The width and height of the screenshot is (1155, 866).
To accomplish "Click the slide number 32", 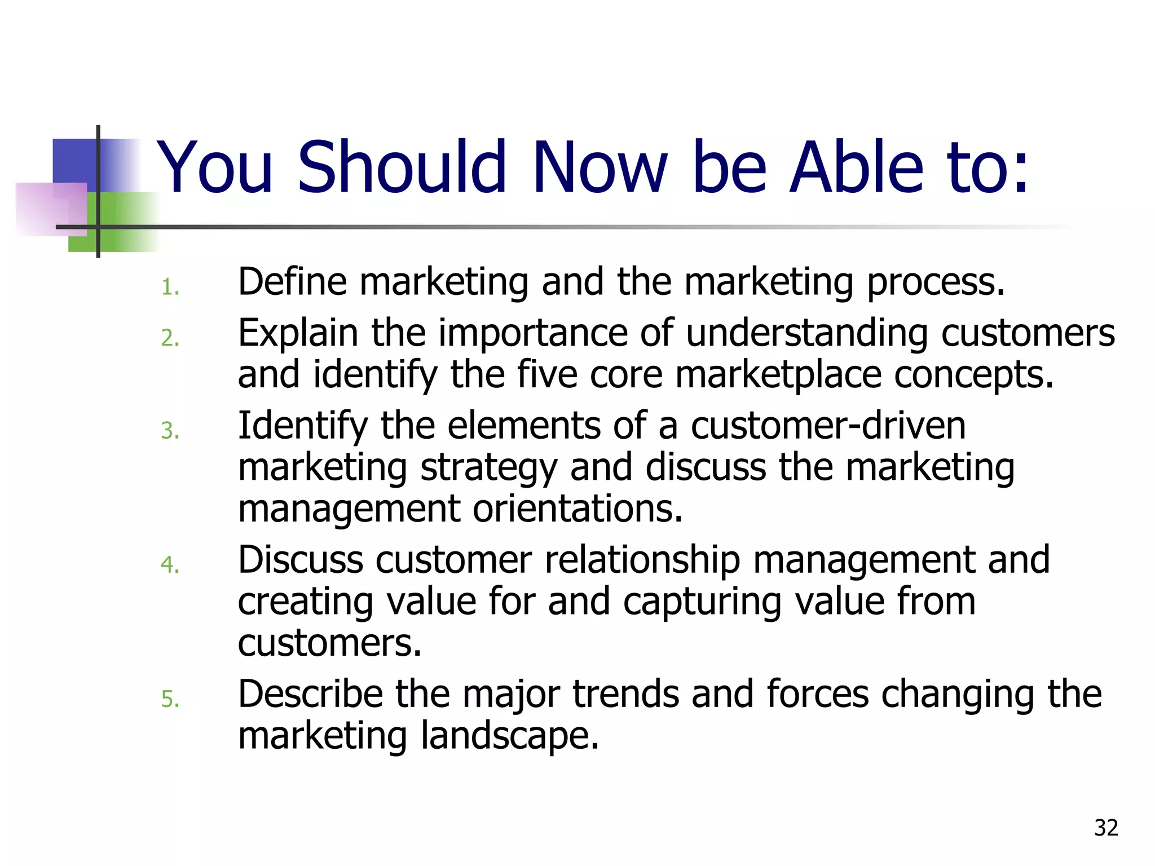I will click(1106, 828).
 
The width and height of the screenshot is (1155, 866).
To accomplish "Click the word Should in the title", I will click(402, 167).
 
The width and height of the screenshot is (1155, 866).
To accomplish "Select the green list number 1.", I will click(170, 288).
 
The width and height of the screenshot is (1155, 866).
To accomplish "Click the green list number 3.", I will click(170, 431).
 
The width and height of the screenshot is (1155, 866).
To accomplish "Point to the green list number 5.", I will click(170, 700).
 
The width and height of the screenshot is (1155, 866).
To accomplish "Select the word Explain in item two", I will click(298, 334).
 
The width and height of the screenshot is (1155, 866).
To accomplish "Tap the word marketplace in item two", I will click(778, 375).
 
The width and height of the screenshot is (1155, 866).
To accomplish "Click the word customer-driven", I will click(828, 426).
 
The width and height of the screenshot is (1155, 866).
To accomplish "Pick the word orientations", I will click(577, 509).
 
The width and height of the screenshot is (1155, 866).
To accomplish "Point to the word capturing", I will click(702, 602).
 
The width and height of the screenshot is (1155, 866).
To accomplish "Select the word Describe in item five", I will click(310, 694).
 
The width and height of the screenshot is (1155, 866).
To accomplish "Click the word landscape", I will click(509, 736).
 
